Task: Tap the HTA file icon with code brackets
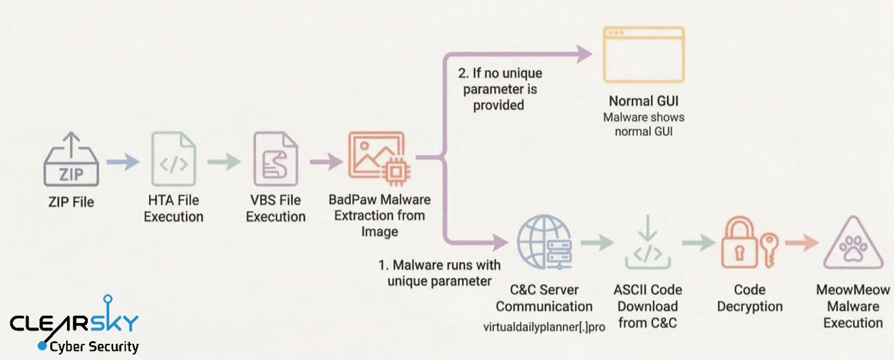click(x=174, y=162)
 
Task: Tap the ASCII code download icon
click(x=648, y=244)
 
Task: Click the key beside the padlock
click(x=770, y=251)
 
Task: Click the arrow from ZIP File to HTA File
click(x=123, y=161)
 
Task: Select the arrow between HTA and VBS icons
click(x=224, y=161)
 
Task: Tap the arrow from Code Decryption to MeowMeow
click(x=802, y=243)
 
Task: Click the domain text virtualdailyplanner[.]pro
click(x=544, y=327)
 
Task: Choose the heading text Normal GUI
click(x=644, y=101)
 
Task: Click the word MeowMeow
click(x=853, y=289)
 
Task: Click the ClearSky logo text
click(x=74, y=322)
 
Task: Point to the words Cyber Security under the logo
click(x=94, y=346)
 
